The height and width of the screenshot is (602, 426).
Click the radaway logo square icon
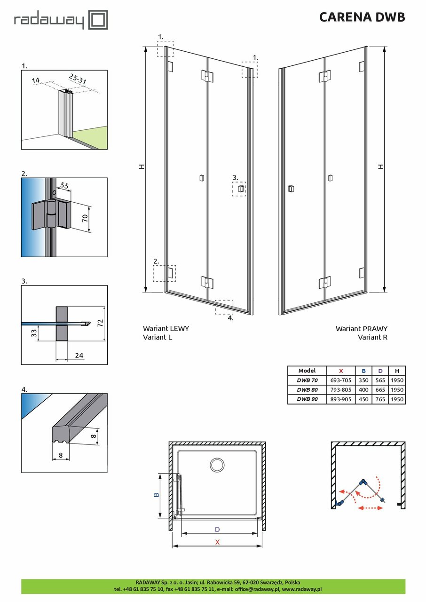tap(98, 20)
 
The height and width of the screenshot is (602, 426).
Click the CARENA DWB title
tap(362, 17)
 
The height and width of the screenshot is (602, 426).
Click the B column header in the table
tap(363, 371)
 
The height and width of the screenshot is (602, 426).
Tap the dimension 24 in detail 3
tap(79, 355)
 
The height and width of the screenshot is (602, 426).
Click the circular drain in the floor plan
tap(217, 465)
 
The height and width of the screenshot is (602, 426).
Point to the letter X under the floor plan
tap(217, 541)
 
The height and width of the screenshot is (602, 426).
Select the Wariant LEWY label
tap(166, 329)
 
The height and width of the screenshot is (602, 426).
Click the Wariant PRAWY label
tap(361, 329)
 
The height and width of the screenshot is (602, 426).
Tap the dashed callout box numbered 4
tap(224, 307)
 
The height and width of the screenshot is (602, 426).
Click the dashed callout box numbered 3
tap(239, 189)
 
